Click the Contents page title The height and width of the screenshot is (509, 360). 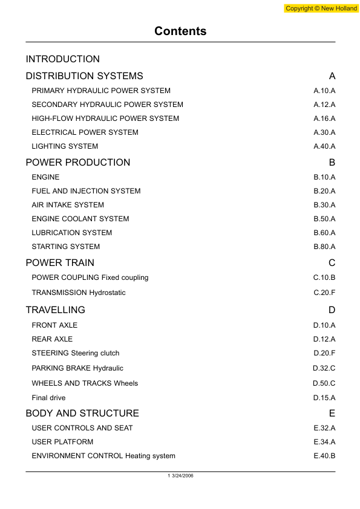[180, 31]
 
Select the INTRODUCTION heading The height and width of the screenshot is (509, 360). [63, 59]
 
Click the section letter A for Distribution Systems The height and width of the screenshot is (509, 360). [332, 76]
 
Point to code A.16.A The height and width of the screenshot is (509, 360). [324, 118]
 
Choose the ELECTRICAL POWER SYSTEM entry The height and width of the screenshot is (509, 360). [85, 132]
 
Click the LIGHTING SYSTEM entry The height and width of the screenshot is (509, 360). [65, 146]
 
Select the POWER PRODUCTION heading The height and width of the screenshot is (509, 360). [78, 163]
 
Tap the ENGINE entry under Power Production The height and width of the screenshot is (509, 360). [45, 177]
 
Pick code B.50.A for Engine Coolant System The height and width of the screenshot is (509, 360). [324, 219]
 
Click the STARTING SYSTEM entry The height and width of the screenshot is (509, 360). [66, 247]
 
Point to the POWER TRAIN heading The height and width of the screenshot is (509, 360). [60, 263]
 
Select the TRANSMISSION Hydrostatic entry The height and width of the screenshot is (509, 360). [79, 293]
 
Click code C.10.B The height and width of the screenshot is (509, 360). [324, 277]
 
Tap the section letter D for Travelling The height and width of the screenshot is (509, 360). [332, 310]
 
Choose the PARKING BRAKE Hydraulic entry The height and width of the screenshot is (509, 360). [77, 368]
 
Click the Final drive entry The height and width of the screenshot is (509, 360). [48, 398]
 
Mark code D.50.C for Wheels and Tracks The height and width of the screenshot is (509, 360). [324, 383]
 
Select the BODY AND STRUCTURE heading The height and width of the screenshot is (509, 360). [82, 413]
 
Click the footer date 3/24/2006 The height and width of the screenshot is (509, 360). [182, 476]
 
